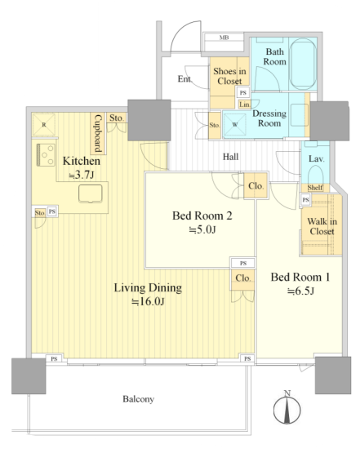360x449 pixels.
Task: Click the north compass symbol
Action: (287, 407)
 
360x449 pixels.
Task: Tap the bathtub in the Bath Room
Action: (303, 64)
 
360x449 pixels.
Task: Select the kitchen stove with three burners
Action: (46, 155)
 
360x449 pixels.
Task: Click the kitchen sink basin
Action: (91, 193)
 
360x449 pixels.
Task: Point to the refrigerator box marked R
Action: (44, 125)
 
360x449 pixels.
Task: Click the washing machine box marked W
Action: (235, 125)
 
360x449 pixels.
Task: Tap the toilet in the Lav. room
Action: (315, 174)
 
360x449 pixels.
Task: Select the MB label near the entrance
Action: (224, 38)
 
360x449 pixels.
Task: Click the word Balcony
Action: (139, 399)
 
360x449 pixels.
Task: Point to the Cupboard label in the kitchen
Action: (98, 133)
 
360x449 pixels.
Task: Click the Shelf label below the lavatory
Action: (315, 188)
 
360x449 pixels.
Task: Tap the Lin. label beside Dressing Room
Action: (245, 104)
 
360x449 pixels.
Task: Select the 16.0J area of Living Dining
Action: (148, 301)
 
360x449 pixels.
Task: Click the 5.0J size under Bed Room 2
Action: (202, 229)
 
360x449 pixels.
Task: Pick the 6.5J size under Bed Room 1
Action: (300, 291)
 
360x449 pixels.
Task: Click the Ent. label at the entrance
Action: (184, 78)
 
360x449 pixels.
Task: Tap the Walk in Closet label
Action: (322, 226)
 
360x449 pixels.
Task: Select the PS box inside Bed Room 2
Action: (243, 263)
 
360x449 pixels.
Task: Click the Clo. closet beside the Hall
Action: (256, 186)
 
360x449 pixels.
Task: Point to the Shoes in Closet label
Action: (229, 76)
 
